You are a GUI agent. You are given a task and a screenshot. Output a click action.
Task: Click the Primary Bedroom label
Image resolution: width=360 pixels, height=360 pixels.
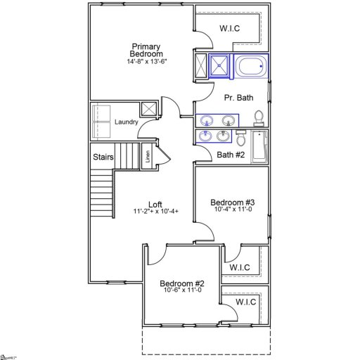(147, 50)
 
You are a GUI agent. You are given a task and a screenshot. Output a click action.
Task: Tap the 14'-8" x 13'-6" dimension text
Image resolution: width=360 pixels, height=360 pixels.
(147, 62)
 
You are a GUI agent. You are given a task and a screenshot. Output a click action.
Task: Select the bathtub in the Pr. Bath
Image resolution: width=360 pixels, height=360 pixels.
(250, 67)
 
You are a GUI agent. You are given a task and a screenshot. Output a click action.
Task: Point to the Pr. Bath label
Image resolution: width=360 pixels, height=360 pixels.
(238, 98)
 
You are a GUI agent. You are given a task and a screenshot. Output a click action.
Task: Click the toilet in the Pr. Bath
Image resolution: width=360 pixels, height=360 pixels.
(259, 117)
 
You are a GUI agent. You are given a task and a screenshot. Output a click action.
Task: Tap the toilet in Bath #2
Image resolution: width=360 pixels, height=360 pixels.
(241, 136)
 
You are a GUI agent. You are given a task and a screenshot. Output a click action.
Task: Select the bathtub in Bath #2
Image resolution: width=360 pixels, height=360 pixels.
(259, 146)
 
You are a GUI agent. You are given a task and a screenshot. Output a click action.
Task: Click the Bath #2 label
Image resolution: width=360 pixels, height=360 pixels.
(231, 155)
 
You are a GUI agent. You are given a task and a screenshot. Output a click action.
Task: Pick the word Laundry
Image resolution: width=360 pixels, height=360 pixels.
(127, 122)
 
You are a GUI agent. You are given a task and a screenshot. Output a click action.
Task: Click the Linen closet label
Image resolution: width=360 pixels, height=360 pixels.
(148, 157)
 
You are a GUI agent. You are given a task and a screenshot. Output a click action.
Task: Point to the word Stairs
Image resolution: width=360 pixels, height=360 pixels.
(103, 157)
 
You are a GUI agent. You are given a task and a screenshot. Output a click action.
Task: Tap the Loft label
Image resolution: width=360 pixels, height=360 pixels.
(155, 204)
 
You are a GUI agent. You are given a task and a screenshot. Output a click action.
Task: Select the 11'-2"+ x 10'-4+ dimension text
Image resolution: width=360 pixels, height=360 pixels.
(155, 212)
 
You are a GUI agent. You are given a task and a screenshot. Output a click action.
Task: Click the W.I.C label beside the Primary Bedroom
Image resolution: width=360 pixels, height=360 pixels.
(230, 30)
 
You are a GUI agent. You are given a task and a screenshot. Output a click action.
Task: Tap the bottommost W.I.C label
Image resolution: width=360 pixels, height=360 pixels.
(245, 302)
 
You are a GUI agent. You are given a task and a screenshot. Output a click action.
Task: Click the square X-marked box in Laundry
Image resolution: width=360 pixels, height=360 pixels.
(148, 109)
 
